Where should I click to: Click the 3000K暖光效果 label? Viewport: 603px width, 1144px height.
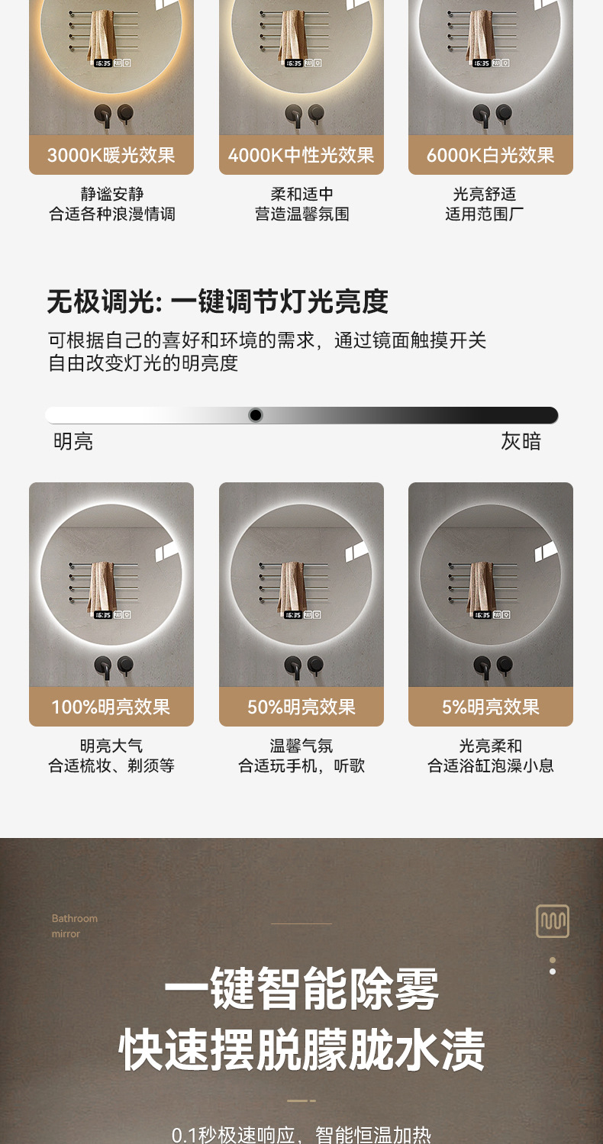click(x=111, y=156)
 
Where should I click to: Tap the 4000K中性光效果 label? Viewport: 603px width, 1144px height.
click(x=301, y=156)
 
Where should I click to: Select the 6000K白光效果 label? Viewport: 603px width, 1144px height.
click(x=490, y=156)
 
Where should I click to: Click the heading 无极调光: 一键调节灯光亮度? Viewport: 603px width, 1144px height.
click(x=218, y=302)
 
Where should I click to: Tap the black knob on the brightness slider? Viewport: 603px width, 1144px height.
click(x=256, y=415)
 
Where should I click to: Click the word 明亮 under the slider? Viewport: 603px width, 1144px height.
click(x=73, y=441)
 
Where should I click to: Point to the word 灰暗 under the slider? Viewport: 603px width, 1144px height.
click(x=521, y=441)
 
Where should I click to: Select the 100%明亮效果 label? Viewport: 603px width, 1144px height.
click(x=111, y=707)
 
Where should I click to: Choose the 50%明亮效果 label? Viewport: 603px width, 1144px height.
click(x=301, y=707)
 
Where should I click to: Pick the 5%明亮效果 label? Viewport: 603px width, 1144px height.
click(x=490, y=707)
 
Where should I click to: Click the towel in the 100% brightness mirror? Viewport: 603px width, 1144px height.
click(x=102, y=586)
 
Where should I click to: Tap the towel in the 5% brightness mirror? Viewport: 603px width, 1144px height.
click(x=481, y=586)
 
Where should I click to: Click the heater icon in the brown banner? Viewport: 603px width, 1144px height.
click(x=552, y=921)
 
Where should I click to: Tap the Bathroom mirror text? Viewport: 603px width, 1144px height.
click(x=75, y=926)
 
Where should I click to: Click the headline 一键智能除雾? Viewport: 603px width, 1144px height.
click(x=301, y=989)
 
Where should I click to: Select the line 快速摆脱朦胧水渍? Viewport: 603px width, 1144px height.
click(x=301, y=1049)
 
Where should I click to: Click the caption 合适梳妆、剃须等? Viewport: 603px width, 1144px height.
click(x=111, y=765)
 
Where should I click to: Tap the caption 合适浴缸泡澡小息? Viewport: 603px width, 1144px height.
click(x=490, y=765)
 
